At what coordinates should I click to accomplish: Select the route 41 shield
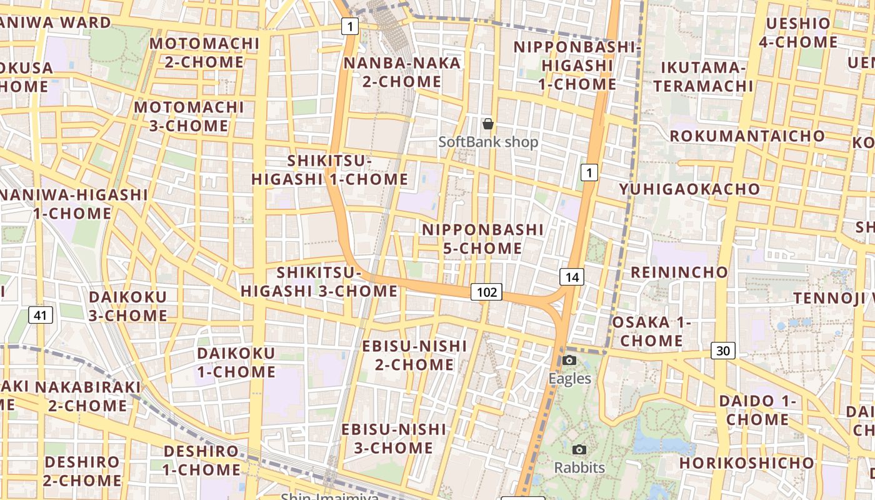[41, 315]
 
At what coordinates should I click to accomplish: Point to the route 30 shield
[722, 351]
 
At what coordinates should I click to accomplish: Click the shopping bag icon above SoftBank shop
[488, 124]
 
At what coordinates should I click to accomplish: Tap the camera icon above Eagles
[569, 360]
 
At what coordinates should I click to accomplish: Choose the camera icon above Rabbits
[579, 449]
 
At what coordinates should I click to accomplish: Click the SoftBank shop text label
[488, 142]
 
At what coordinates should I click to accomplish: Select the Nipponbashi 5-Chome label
[482, 239]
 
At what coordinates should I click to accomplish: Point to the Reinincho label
[679, 272]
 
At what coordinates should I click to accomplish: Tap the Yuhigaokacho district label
[690, 189]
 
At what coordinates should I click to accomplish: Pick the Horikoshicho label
[747, 463]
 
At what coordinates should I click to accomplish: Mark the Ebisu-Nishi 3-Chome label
[394, 439]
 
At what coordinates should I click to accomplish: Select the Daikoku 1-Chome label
[236, 362]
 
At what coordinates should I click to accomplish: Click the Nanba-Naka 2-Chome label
[402, 72]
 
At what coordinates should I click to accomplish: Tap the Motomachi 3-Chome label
[189, 116]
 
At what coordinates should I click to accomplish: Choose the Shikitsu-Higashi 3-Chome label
[319, 282]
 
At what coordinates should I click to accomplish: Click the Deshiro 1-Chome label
[201, 460]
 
